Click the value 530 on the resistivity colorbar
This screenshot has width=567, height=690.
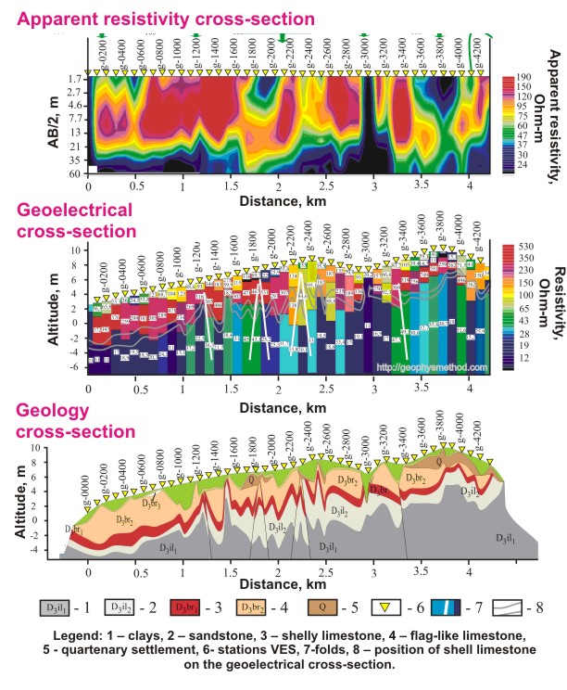(x=523, y=250)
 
